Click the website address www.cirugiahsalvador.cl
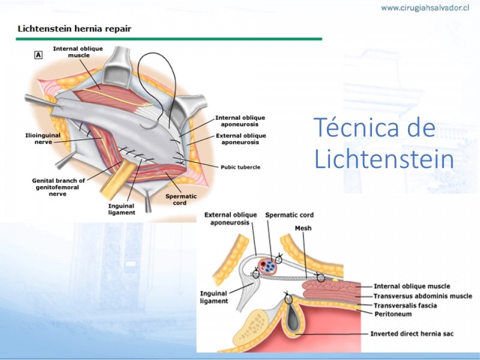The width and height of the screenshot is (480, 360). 425,8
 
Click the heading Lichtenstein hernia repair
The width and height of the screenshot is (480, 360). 74,29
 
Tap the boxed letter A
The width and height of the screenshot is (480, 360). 38,55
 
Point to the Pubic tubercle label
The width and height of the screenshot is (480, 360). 241,167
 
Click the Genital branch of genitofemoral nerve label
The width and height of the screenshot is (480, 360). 58,187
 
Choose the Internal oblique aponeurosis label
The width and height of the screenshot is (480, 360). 240,121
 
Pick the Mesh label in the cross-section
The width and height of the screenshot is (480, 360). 303,228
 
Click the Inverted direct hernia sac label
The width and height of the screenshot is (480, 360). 412,334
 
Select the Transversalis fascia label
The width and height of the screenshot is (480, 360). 406,305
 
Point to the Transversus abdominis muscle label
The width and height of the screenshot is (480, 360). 423,296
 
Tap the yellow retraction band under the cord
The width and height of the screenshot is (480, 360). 118,180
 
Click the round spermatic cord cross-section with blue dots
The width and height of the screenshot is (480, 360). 267,266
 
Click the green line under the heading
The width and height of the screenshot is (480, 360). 169,39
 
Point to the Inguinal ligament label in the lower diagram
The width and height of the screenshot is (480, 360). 214,297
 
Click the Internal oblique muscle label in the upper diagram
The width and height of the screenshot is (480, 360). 78,52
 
